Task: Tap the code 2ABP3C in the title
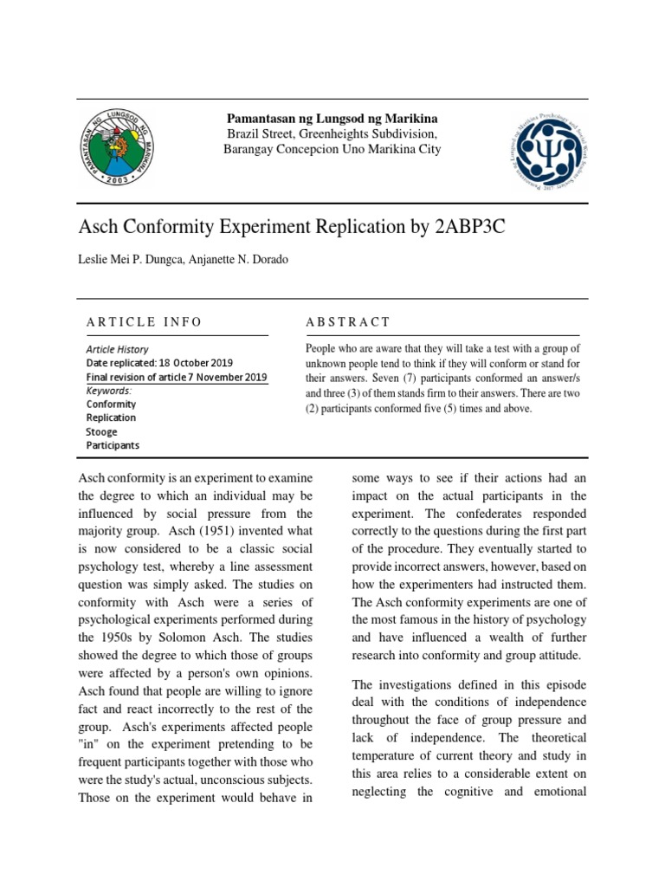click(473, 228)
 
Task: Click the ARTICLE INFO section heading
click(144, 322)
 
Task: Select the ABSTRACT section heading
click(348, 322)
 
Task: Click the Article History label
click(117, 349)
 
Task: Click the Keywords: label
click(108, 391)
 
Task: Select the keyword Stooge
click(101, 431)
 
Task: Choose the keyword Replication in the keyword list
click(111, 418)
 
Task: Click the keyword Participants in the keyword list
click(113, 445)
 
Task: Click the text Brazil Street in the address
click(260, 134)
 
